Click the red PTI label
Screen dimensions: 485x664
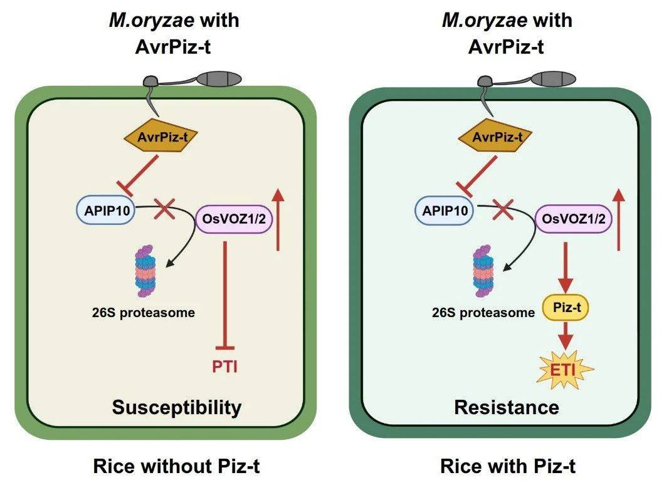click(x=225, y=365)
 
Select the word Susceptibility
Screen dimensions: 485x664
click(x=177, y=407)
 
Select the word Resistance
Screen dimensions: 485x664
click(x=507, y=407)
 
